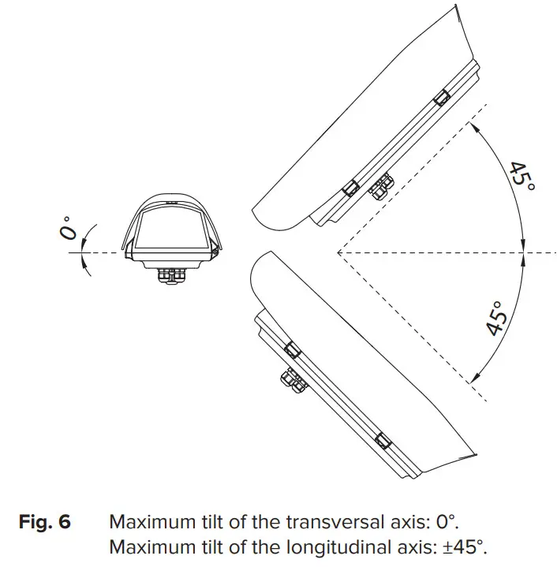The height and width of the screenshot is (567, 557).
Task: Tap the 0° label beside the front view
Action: coord(69,228)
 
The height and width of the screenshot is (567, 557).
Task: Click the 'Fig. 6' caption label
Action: coord(45,521)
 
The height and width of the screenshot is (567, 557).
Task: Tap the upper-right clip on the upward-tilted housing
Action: coord(441,97)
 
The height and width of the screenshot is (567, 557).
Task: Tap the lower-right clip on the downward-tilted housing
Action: coord(383,440)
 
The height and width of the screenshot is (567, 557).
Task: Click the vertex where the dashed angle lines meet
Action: coord(337,252)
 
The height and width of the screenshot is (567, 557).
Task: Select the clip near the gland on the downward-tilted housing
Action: coord(290,349)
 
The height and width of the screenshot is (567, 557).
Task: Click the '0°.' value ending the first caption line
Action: coord(447,521)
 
